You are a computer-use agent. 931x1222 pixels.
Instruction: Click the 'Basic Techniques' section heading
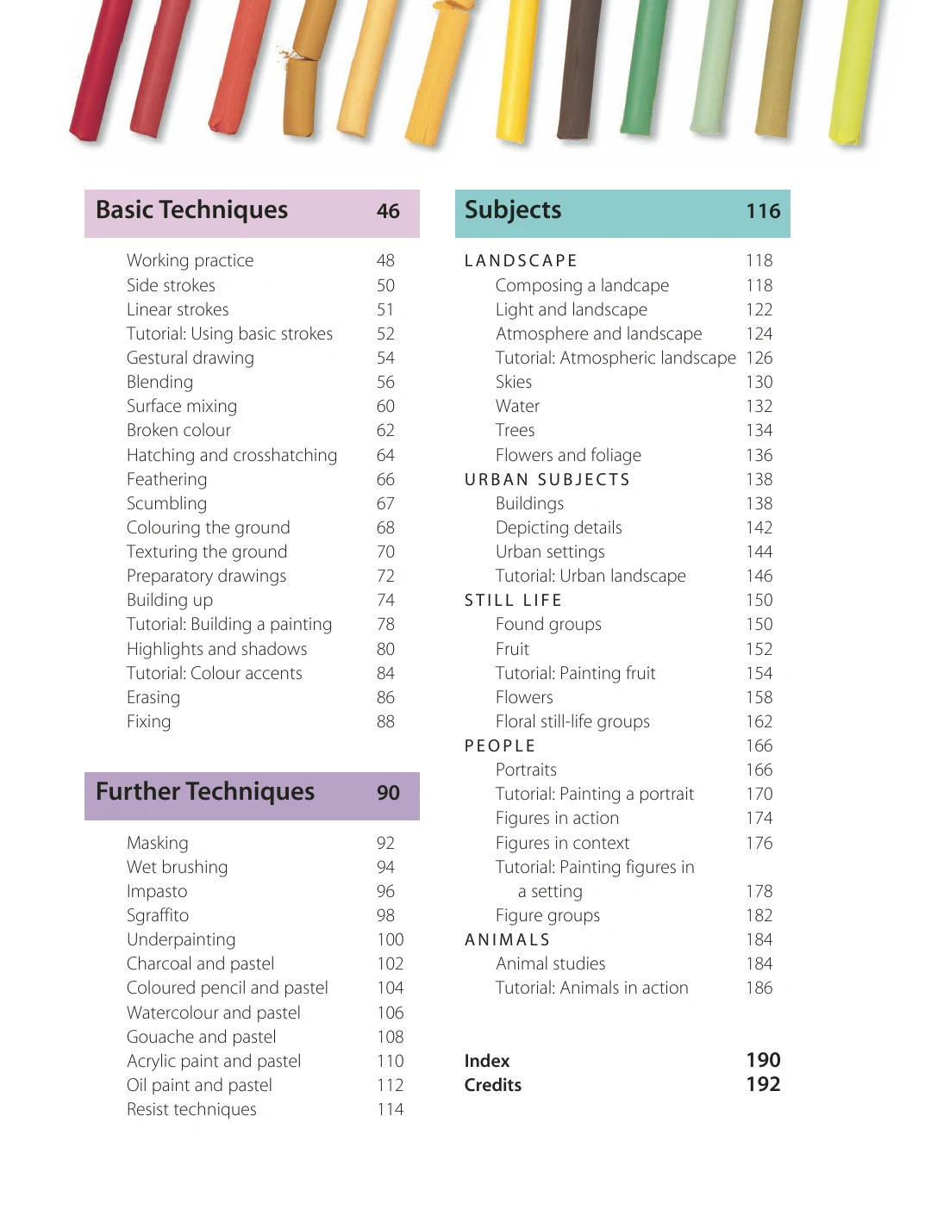(x=191, y=210)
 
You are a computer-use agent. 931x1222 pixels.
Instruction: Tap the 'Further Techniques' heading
(x=205, y=792)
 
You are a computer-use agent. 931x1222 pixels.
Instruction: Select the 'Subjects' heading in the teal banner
(x=513, y=210)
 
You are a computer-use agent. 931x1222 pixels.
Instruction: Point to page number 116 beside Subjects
(x=763, y=211)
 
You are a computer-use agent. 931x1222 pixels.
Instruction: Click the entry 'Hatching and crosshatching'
(x=232, y=455)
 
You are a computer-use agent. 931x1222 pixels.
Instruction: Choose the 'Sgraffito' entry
(x=158, y=915)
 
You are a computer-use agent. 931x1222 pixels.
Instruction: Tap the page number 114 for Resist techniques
(x=390, y=1109)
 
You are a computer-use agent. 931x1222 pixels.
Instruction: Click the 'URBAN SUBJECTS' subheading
(x=547, y=479)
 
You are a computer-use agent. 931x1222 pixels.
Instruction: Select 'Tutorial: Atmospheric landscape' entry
(x=615, y=358)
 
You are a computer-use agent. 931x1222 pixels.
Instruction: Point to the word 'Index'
(x=487, y=1061)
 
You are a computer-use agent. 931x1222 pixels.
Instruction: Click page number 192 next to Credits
(x=763, y=1085)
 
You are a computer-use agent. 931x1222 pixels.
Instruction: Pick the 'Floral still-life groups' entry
(x=572, y=721)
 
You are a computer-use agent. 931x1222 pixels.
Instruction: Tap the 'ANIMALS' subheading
(x=507, y=939)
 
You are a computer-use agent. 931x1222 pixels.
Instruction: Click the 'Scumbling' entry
(x=166, y=503)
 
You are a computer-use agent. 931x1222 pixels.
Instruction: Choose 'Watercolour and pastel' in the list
(x=214, y=1013)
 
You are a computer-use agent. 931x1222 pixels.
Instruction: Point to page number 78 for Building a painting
(x=385, y=624)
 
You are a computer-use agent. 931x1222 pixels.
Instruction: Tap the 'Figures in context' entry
(x=562, y=843)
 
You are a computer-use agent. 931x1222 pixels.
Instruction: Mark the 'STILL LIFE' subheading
(x=513, y=600)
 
